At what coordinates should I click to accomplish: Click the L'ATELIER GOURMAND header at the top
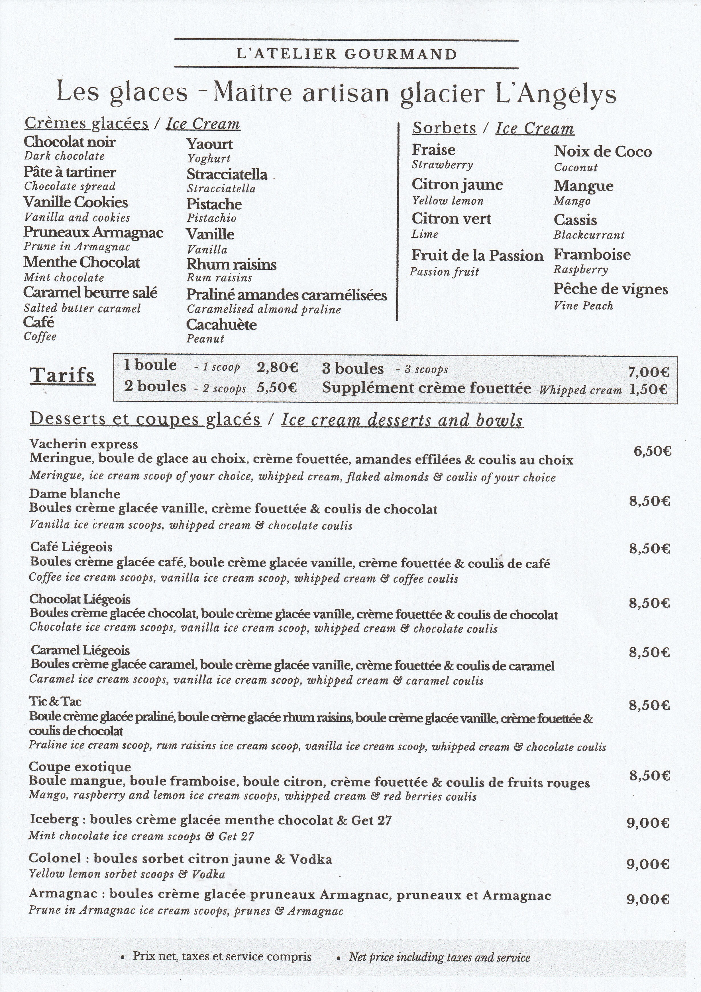tap(347, 54)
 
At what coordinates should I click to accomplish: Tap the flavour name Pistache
tap(214, 204)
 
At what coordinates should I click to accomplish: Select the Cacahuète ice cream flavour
tap(221, 325)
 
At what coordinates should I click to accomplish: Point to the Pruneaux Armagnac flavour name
tap(93, 232)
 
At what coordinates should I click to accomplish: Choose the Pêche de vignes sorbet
tap(611, 290)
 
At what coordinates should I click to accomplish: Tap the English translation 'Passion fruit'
tap(445, 272)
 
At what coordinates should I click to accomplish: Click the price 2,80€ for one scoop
tap(277, 367)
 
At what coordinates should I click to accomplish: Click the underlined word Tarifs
tap(62, 375)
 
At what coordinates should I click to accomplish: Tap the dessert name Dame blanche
tap(75, 494)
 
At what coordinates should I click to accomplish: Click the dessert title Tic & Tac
tap(55, 701)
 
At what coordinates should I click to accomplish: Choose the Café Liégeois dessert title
tap(71, 547)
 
